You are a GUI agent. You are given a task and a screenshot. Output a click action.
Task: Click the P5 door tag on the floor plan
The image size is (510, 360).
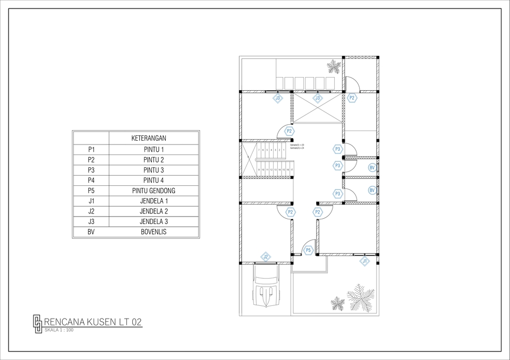click(x=309, y=250)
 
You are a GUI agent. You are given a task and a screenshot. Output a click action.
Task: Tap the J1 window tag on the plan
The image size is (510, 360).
click(x=365, y=261)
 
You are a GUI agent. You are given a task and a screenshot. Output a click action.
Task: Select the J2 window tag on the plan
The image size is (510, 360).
click(x=266, y=257)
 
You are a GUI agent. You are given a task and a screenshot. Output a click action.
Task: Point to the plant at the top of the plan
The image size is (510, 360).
click(x=334, y=67)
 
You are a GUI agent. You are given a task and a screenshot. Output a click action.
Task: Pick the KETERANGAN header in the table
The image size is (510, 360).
click(x=154, y=139)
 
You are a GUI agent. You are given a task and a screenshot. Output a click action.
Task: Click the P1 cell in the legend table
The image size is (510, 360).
click(x=91, y=149)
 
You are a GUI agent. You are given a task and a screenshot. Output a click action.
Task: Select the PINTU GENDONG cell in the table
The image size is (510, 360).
click(x=154, y=191)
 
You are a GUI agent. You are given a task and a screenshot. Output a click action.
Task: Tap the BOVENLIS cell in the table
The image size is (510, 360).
click(x=154, y=232)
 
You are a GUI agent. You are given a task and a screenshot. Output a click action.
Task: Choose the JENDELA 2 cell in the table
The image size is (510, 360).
click(x=154, y=211)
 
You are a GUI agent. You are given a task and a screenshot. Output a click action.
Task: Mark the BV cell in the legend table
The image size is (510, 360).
click(x=91, y=232)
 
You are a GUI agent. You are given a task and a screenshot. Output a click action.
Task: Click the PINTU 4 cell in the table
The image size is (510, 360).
click(x=154, y=181)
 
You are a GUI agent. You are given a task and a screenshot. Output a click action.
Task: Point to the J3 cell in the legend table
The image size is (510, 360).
click(x=91, y=221)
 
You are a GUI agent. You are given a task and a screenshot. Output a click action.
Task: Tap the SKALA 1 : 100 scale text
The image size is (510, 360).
click(x=59, y=330)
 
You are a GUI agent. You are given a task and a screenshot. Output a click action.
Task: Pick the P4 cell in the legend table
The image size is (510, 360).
click(x=91, y=181)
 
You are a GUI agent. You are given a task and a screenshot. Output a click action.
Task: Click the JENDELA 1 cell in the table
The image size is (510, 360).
click(x=154, y=201)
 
